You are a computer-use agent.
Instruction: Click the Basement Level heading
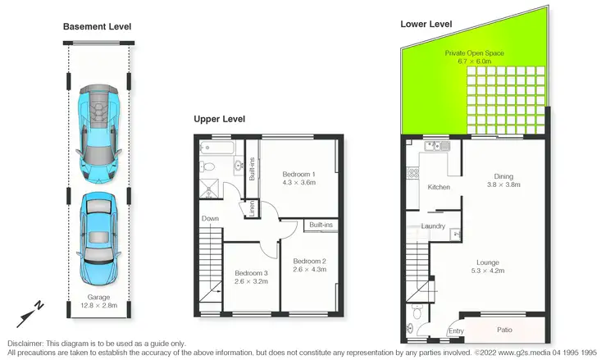[x=97, y=27]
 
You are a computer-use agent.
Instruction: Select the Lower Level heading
[x=426, y=24]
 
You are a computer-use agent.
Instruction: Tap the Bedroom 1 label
[x=298, y=179]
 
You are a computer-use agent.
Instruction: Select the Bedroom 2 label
[x=309, y=264]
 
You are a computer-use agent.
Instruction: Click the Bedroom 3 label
[x=251, y=276]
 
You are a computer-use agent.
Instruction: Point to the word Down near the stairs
[x=210, y=219]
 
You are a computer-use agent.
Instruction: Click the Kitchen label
[x=439, y=188]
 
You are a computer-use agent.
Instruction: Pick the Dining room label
[x=503, y=180]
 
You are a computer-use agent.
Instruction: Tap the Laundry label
[x=432, y=226]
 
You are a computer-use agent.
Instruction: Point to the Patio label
[x=505, y=330]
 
